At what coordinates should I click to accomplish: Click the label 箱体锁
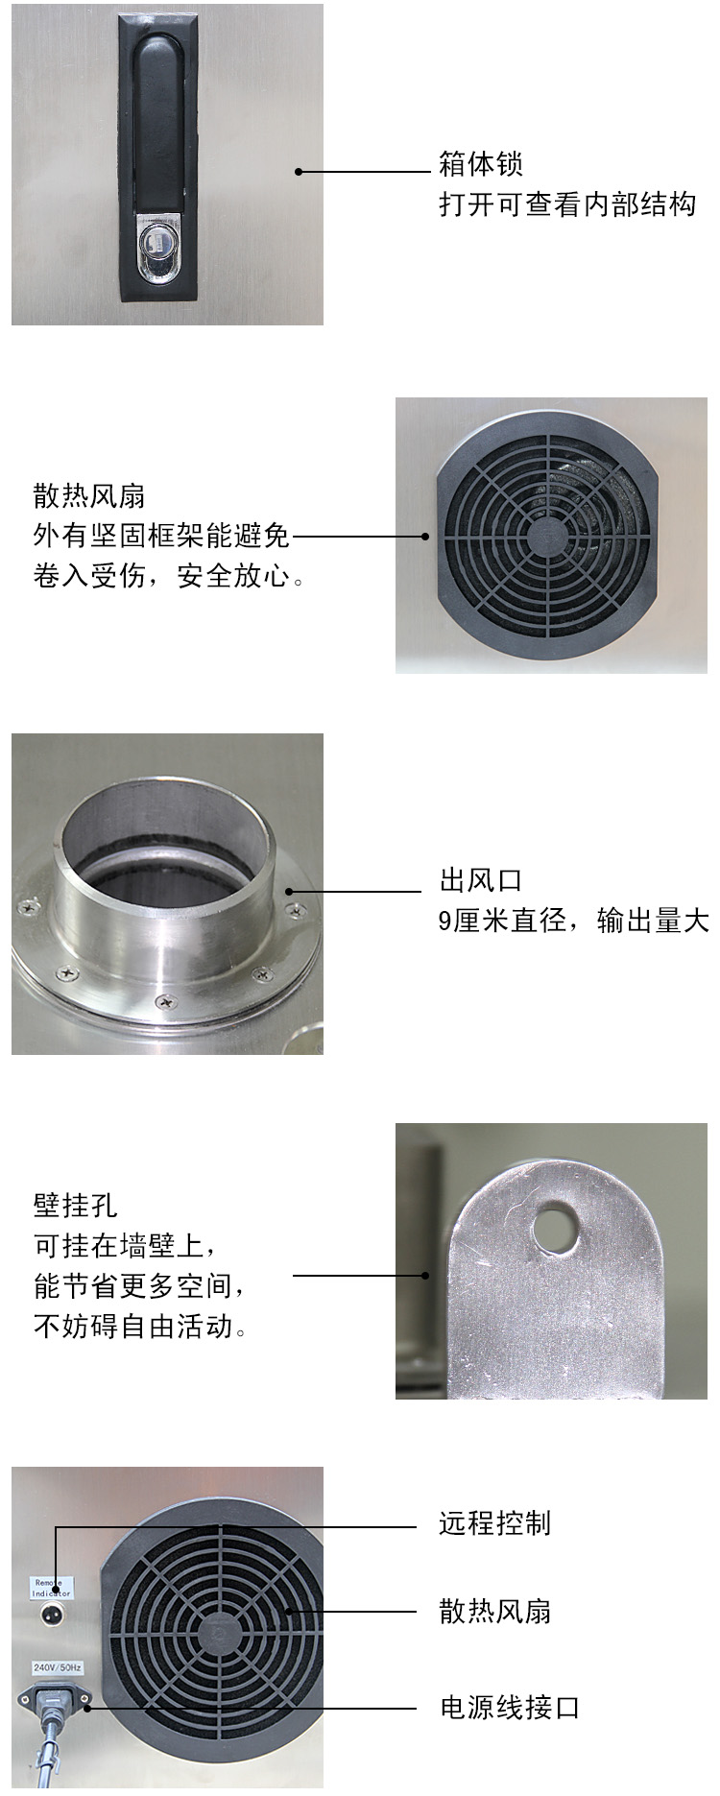pyautogui.click(x=481, y=164)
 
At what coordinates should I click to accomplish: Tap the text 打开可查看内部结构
pyautogui.click(x=567, y=204)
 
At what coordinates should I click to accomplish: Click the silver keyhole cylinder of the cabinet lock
pyautogui.click(x=157, y=249)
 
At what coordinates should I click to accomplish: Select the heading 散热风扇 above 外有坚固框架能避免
pyautogui.click(x=89, y=496)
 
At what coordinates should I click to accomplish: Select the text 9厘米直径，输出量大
pyautogui.click(x=574, y=921)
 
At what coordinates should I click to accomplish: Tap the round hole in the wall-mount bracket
pyautogui.click(x=553, y=1226)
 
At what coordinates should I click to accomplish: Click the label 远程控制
pyautogui.click(x=495, y=1523)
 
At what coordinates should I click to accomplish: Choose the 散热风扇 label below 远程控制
pyautogui.click(x=495, y=1611)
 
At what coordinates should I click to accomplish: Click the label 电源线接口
pyautogui.click(x=510, y=1708)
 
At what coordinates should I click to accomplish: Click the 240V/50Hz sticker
pyautogui.click(x=57, y=1669)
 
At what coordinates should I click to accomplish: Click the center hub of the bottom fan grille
pyautogui.click(x=221, y=1629)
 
